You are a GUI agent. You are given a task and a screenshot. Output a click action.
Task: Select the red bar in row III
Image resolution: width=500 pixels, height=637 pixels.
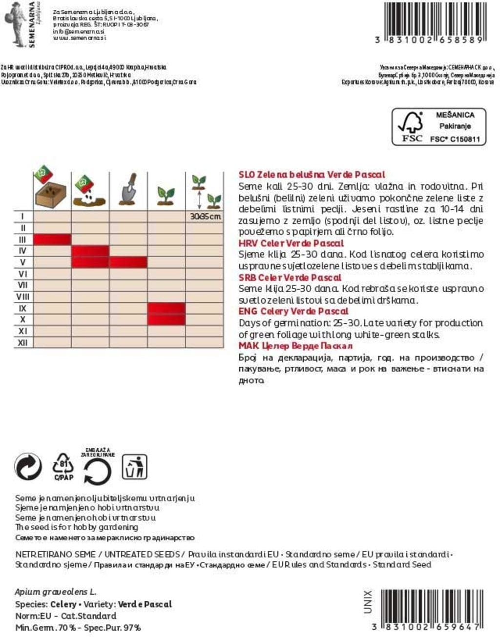click(52, 239)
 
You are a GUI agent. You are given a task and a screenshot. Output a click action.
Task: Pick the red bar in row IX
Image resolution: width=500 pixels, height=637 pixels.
click(167, 308)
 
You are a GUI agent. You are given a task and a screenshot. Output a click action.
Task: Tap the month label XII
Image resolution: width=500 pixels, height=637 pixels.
click(22, 342)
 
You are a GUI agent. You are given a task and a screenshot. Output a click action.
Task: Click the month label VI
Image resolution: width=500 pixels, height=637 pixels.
click(22, 274)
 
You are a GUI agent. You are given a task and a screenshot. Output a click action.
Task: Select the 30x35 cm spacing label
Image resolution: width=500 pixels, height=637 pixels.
click(205, 216)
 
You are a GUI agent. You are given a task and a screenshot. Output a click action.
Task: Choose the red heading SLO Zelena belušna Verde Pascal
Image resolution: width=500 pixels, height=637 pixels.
click(312, 174)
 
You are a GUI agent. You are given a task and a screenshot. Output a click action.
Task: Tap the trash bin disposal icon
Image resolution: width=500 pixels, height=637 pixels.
click(134, 467)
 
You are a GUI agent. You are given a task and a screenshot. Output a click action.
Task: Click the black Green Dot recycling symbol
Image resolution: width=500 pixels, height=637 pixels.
click(28, 467)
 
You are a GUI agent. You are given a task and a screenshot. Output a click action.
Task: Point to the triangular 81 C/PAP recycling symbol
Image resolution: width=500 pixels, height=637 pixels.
click(63, 466)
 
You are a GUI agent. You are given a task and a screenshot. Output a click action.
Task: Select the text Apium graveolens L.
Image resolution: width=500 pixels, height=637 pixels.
click(55, 592)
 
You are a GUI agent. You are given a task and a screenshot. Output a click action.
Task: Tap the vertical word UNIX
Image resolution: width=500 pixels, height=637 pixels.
click(368, 601)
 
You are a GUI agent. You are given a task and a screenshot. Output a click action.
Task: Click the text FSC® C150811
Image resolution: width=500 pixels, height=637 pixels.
click(455, 139)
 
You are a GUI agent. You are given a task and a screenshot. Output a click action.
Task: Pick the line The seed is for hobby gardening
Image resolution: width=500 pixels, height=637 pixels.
click(77, 527)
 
